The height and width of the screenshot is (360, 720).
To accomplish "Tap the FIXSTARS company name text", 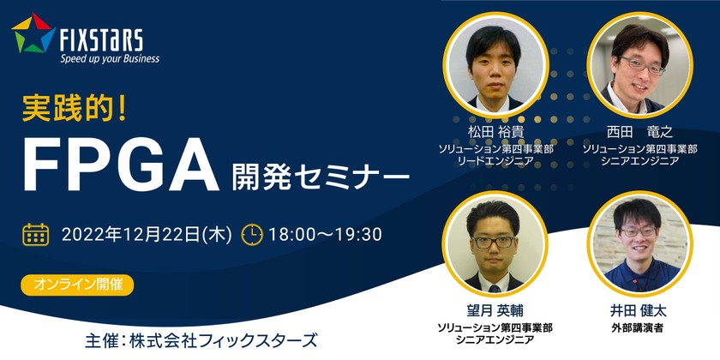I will pos(101,38).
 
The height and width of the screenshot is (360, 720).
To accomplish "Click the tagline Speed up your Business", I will pos(109,59).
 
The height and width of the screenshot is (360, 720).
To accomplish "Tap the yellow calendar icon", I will pos(35,234).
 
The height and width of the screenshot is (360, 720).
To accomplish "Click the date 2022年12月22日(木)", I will pos(146,234).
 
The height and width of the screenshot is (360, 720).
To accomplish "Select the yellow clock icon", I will pos(252,234).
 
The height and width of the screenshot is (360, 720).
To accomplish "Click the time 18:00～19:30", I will pos(326,234).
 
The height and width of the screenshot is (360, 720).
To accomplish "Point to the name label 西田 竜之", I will pos(641,134).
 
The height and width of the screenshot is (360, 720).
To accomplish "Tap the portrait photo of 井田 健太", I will pos(641,242).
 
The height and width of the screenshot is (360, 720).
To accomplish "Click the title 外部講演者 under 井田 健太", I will pos(641,327).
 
